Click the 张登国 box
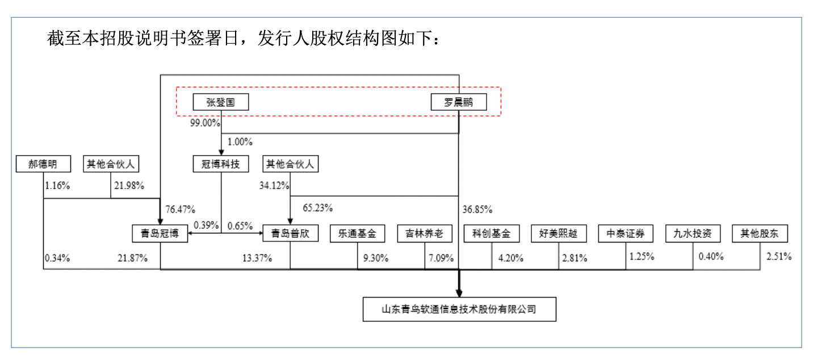pos(221,102)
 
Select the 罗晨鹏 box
pos(458,102)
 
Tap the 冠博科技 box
pos(221,165)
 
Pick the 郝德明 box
pos(43,165)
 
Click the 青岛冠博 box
pos(160,233)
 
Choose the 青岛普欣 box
pos(290,233)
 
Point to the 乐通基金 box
pos(357,233)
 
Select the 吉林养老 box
pos(425,233)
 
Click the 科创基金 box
pos(491,233)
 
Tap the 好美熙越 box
pos(558,233)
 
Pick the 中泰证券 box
pos(626,233)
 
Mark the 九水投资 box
pos(693,233)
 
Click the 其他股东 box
pos(760,233)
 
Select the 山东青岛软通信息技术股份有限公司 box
pos(459,309)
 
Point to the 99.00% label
pos(204,123)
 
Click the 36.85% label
pos(477,208)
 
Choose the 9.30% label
pos(376,258)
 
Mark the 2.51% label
pos(779,256)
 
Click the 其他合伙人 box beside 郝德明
pos(110,165)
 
